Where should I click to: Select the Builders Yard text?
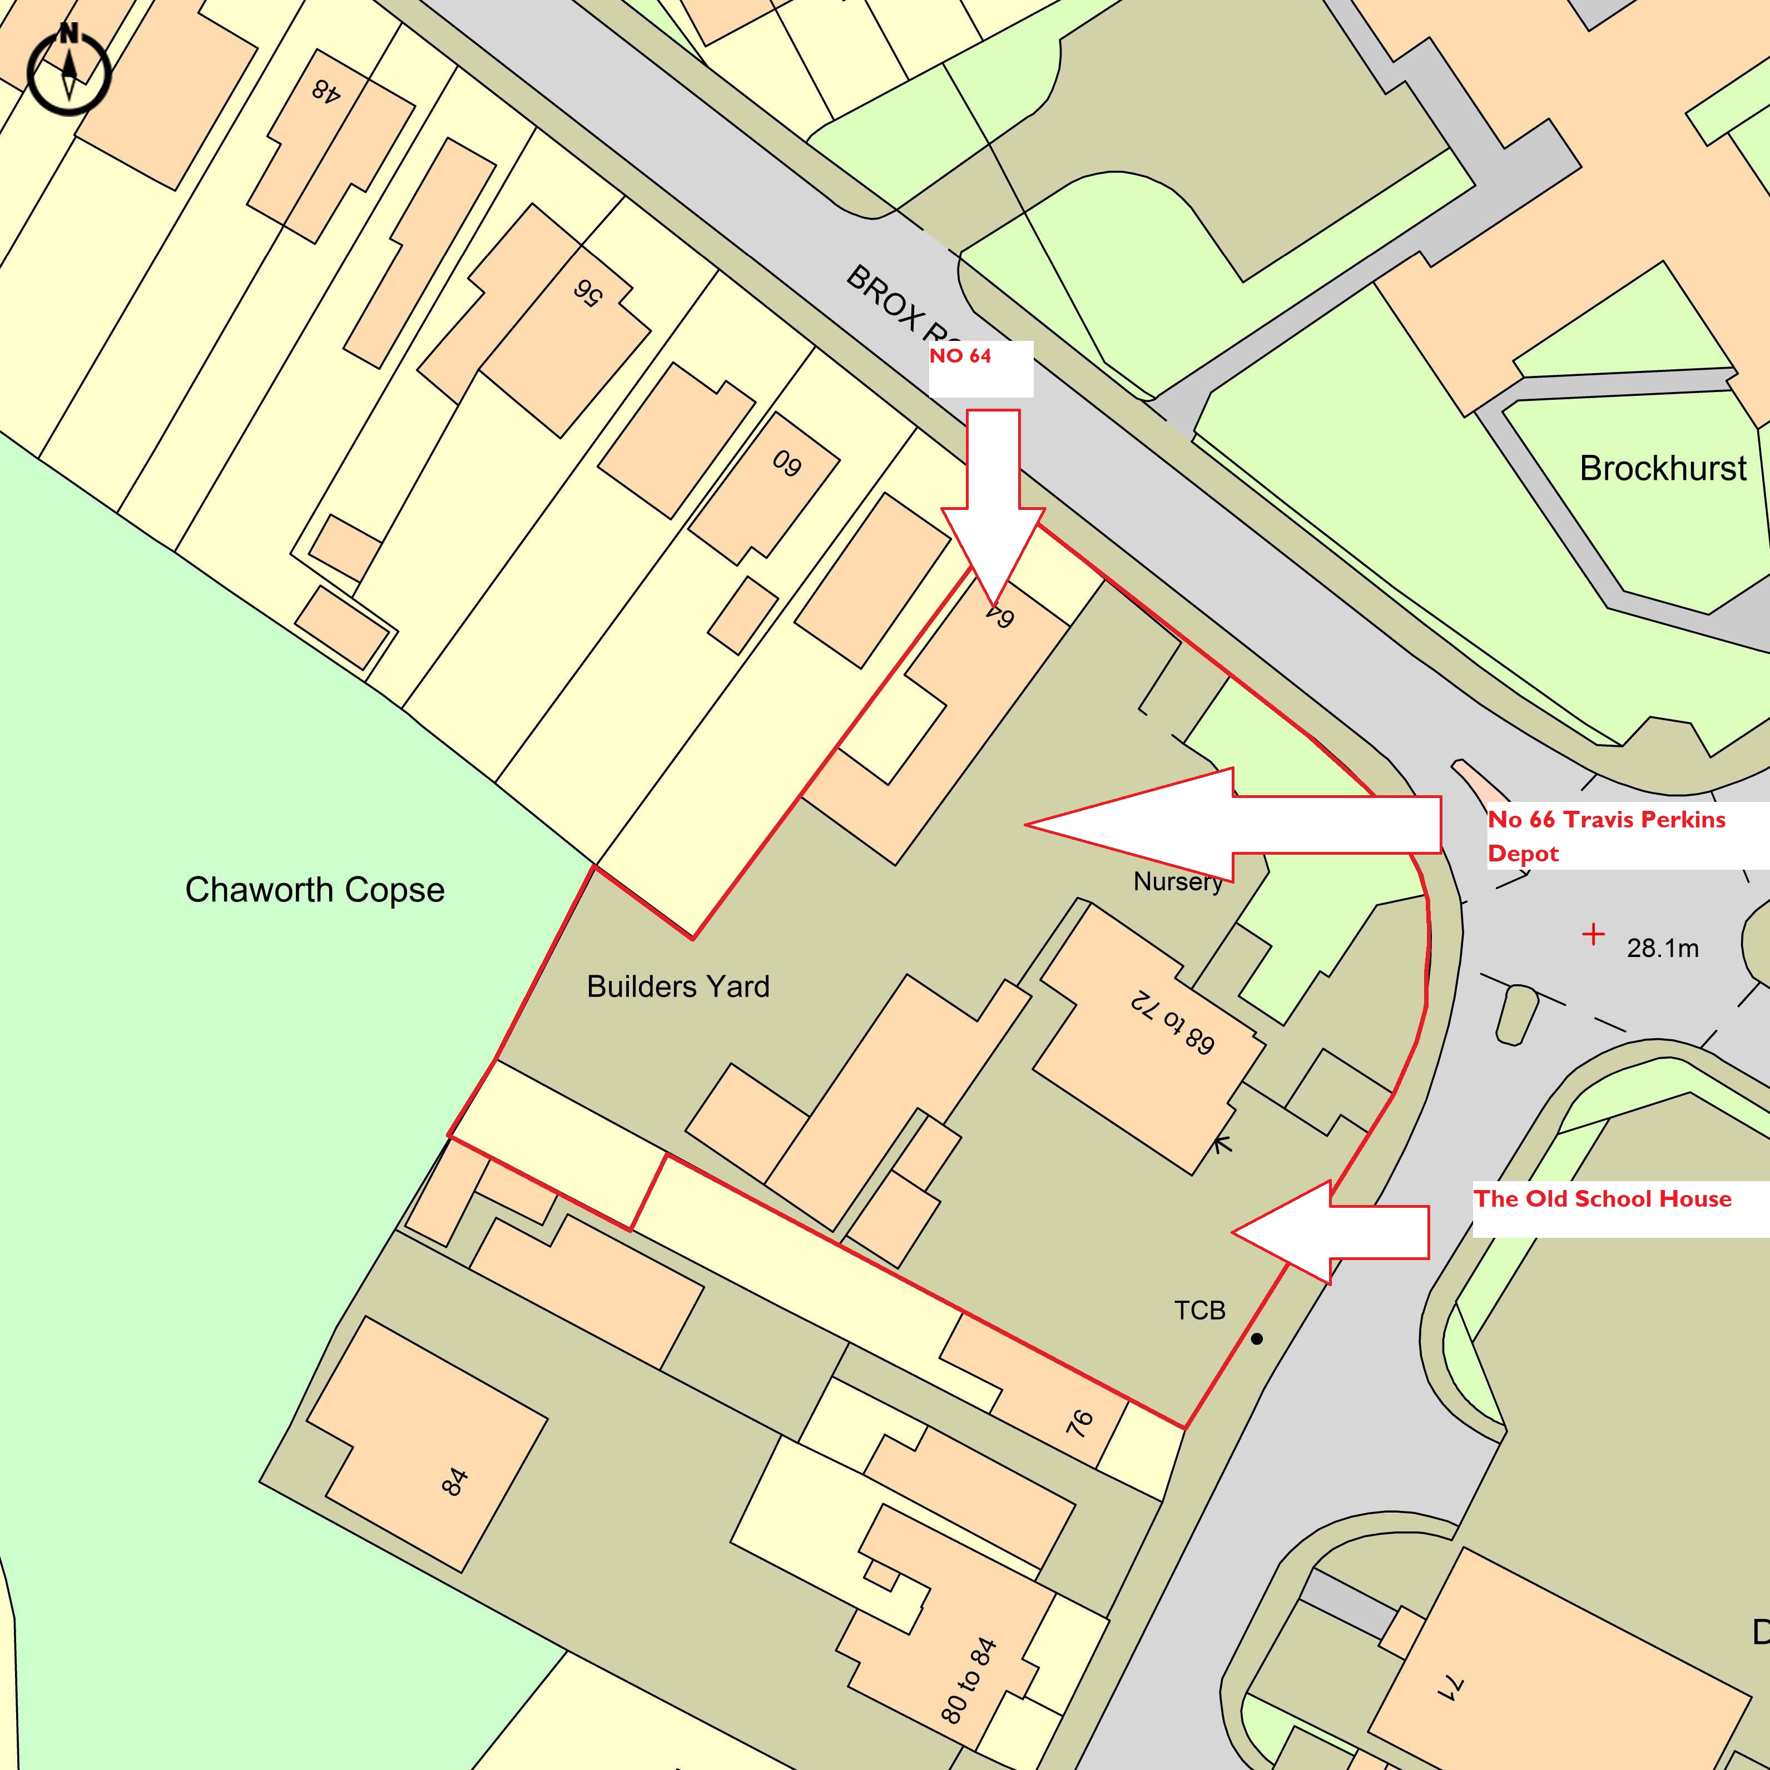(678, 986)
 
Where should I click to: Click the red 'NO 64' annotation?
(960, 356)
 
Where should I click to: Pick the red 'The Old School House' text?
(1603, 1199)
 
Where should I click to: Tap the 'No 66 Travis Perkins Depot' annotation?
(1606, 836)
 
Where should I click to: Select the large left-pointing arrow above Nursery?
(1232, 825)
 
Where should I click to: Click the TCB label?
(1199, 1311)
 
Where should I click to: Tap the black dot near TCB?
(1257, 1340)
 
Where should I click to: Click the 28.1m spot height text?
(1662, 948)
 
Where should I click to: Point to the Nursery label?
(1177, 881)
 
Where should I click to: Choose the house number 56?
(587, 292)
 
